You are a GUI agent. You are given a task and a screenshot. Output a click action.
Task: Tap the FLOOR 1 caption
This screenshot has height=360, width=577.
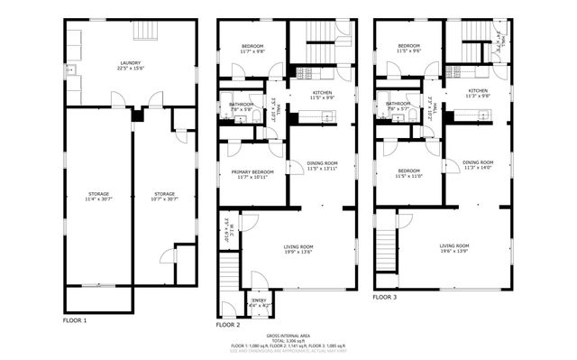coord(75,320)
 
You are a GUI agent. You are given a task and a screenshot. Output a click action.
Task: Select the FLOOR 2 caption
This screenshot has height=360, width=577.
coord(227,324)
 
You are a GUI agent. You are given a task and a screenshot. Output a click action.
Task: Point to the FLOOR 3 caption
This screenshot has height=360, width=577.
coord(384,297)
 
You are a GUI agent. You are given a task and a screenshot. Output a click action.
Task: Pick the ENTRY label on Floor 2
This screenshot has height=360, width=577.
coord(260,301)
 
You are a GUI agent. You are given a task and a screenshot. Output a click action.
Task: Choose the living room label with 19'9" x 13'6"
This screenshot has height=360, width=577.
coord(299,253)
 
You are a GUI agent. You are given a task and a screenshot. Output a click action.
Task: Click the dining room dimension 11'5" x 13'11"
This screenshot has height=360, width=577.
coord(322,169)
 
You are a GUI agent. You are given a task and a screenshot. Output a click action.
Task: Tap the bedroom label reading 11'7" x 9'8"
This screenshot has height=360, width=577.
coord(252,51)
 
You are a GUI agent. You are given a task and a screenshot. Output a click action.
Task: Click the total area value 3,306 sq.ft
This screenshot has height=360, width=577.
coord(298,340)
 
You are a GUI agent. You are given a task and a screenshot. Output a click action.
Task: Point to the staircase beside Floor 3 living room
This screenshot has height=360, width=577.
coord(385,244)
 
